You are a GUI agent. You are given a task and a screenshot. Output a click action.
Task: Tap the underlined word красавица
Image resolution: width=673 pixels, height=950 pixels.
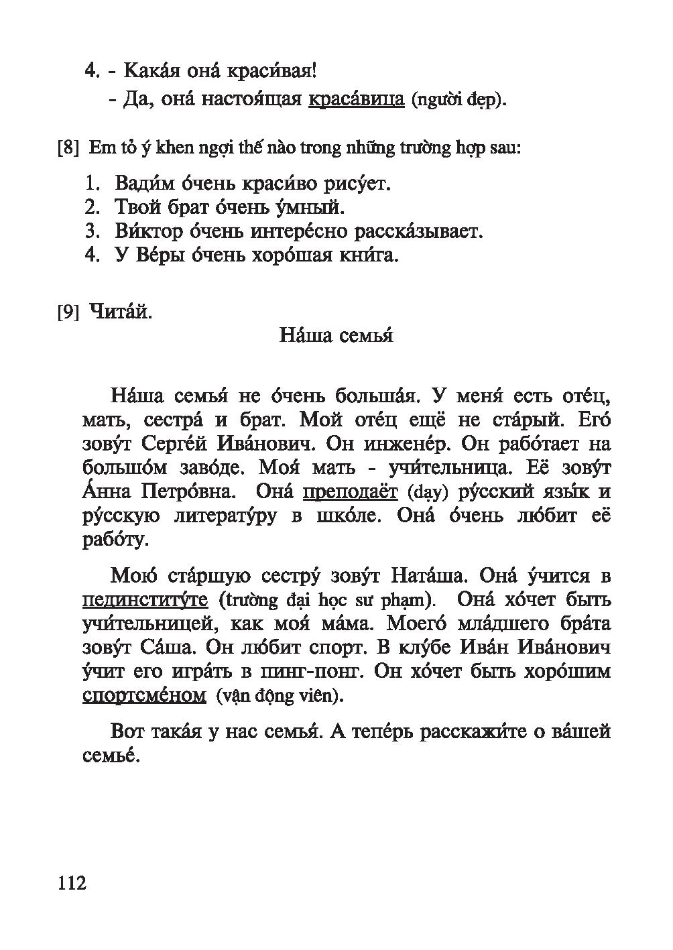(356, 100)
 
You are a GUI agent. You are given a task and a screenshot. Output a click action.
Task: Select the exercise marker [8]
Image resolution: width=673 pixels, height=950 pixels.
(69, 148)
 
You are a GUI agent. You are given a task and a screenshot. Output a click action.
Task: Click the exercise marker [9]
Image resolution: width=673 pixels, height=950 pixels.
(69, 312)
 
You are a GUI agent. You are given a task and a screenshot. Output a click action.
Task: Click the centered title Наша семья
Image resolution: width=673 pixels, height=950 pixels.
(336, 335)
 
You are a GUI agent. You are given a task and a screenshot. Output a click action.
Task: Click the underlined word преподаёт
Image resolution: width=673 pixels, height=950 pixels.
(351, 492)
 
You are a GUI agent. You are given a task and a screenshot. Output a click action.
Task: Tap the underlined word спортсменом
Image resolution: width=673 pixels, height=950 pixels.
(144, 695)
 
